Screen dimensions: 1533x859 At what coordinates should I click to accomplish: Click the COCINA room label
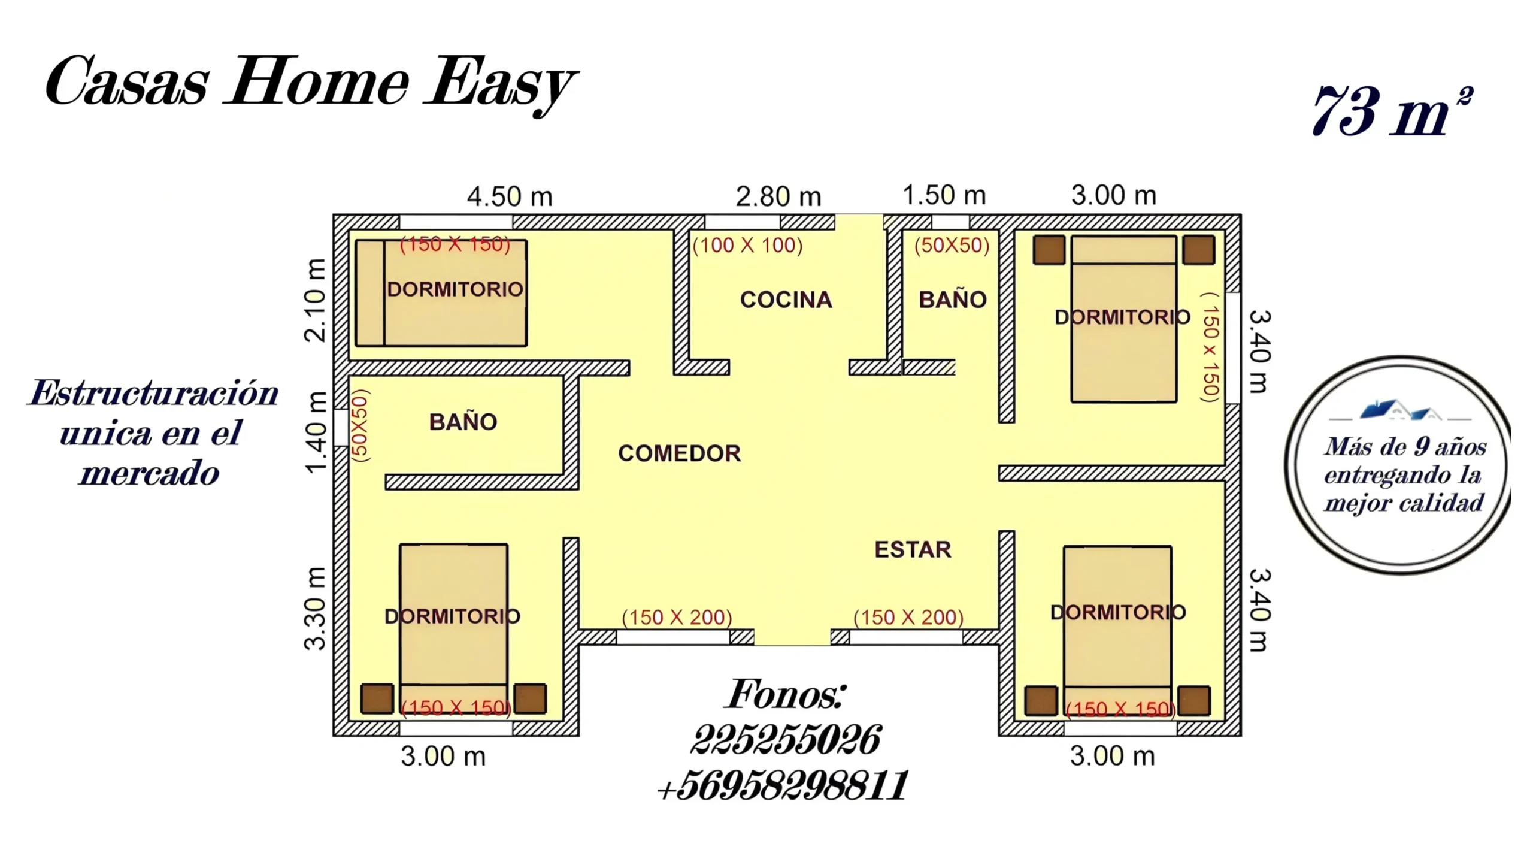click(x=786, y=300)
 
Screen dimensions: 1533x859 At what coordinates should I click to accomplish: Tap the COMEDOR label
click(x=680, y=453)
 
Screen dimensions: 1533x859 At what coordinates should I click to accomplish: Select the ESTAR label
click(x=913, y=549)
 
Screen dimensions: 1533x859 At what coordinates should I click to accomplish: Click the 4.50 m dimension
click(x=510, y=196)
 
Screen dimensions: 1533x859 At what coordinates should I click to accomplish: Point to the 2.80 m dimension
click(x=778, y=196)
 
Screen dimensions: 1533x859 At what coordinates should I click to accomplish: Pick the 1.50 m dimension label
click(x=944, y=195)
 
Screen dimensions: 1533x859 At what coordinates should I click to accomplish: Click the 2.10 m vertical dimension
click(x=316, y=300)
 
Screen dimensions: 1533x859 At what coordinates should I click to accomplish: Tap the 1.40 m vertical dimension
click(x=316, y=432)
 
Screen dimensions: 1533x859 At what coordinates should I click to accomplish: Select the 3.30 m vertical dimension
click(x=316, y=608)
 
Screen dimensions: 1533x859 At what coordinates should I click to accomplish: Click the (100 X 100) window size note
click(x=747, y=245)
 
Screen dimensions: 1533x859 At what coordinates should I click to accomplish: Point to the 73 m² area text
click(x=1392, y=111)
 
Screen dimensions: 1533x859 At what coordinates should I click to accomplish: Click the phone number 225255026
click(x=786, y=740)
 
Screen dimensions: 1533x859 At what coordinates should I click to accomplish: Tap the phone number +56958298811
click(x=783, y=785)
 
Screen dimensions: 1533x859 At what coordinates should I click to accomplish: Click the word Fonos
click(x=786, y=694)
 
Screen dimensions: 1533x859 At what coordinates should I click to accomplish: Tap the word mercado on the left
click(x=150, y=474)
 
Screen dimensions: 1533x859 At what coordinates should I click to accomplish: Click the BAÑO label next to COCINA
click(x=952, y=300)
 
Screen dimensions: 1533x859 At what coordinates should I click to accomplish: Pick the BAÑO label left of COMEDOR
click(x=463, y=422)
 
